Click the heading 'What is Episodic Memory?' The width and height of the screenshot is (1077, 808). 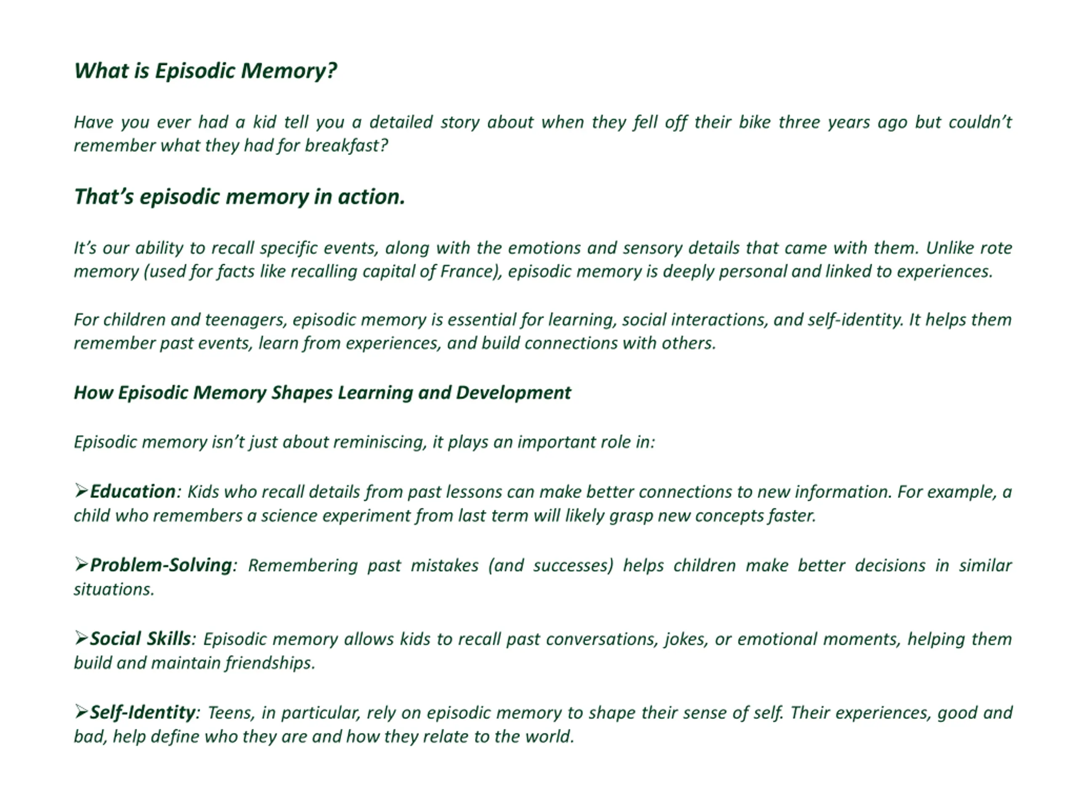205,71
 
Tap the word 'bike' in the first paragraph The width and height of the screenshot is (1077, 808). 754,122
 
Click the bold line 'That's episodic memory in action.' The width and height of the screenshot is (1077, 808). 239,197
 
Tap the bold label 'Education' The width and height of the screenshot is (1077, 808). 133,492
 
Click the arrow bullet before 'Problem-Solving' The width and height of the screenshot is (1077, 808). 81,565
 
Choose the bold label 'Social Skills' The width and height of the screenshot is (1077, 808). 140,639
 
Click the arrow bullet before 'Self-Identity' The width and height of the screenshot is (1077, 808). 81,712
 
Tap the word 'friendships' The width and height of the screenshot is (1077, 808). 269,663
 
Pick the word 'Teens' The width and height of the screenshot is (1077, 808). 231,713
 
